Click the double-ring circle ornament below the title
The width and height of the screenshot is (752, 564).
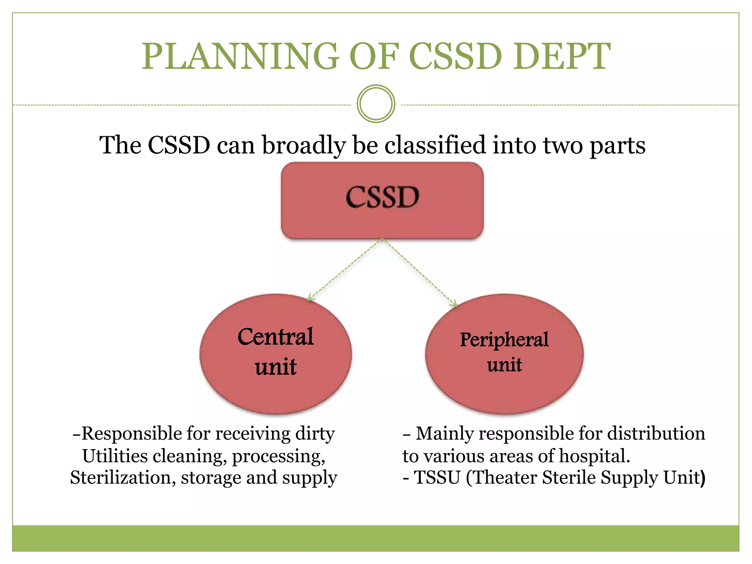coord(376,104)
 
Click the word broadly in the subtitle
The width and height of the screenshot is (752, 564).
coord(303,145)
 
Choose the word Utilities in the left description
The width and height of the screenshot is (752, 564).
coord(115,456)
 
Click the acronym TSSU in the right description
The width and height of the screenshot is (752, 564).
coord(437,478)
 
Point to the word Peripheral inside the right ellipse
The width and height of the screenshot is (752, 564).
coord(504,340)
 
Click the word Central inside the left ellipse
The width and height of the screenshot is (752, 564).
coord(275,337)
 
